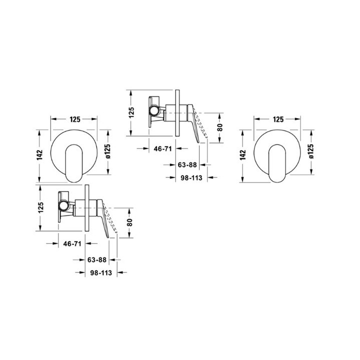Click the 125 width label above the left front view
(75, 119)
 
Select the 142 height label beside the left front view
(39, 155)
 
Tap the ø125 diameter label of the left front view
(107, 151)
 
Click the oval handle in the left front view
(74, 163)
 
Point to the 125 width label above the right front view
(278, 119)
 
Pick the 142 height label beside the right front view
(242, 155)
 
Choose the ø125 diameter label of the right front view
(311, 151)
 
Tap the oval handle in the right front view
(277, 163)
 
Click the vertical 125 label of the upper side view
(131, 112)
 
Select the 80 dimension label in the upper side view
(220, 127)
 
